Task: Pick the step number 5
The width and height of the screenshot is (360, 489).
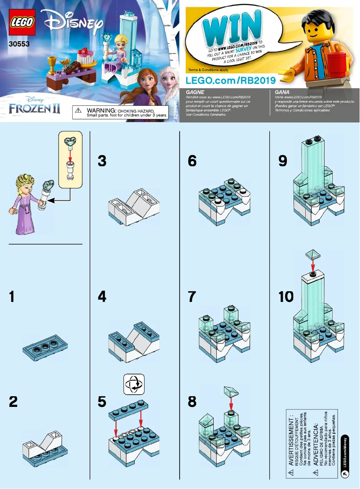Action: tap(103, 402)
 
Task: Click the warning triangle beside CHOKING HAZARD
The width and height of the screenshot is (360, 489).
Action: tap(79, 110)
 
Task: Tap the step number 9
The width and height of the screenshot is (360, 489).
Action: tap(282, 161)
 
